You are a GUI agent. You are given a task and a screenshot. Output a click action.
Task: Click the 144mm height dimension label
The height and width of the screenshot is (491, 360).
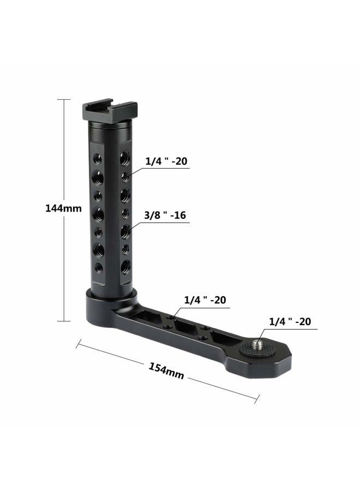click(x=64, y=208)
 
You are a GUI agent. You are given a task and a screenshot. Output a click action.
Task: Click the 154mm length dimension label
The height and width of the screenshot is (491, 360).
click(x=166, y=371)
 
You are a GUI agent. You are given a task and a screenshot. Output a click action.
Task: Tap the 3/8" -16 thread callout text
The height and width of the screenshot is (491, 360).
click(x=165, y=215)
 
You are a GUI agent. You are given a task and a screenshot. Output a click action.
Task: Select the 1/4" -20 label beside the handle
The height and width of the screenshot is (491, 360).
click(x=166, y=161)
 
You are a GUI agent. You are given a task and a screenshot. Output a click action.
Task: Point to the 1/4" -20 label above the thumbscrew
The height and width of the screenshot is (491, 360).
click(x=290, y=321)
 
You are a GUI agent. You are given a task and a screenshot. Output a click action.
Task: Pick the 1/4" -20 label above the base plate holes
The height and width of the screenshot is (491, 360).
click(x=205, y=300)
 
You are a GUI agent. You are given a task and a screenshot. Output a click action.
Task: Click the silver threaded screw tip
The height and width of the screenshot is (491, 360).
click(x=260, y=343)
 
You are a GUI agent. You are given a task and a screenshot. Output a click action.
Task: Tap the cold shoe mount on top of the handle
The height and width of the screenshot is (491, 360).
click(x=109, y=112)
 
